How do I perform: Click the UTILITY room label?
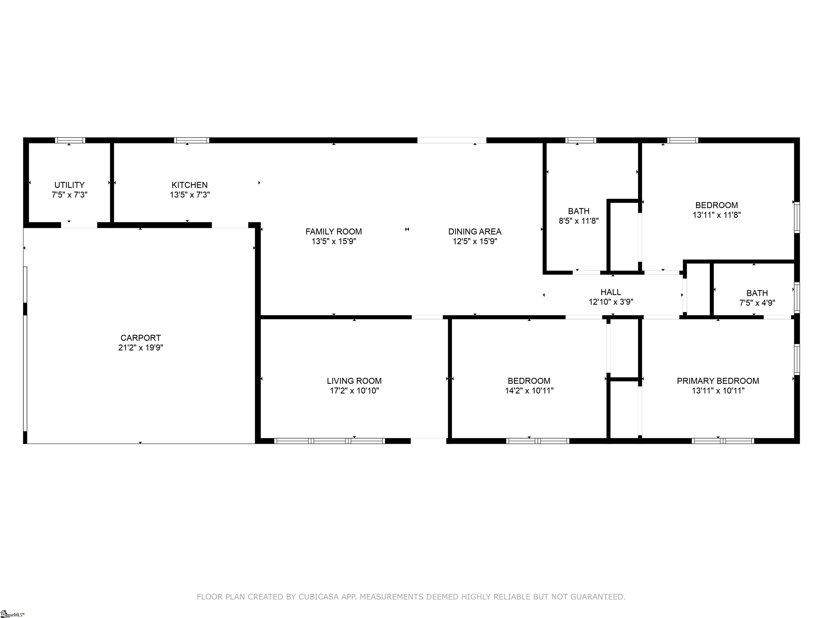[x=69, y=185]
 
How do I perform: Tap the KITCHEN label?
[x=189, y=185]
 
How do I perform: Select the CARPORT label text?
[x=141, y=338]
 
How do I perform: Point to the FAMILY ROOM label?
[x=334, y=232]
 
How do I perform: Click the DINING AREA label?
[x=475, y=232]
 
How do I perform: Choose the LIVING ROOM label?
[x=354, y=381]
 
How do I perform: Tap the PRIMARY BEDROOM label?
[x=718, y=381]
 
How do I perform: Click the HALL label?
[x=611, y=292]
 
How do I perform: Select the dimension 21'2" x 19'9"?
[x=141, y=348]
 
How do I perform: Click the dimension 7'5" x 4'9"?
[x=757, y=303]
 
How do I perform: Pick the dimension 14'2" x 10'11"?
[x=529, y=391]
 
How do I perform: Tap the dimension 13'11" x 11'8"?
[x=717, y=215]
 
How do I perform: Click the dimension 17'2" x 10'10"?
[x=354, y=391]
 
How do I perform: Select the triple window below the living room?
[x=330, y=441]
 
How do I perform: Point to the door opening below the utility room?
[x=79, y=225]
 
